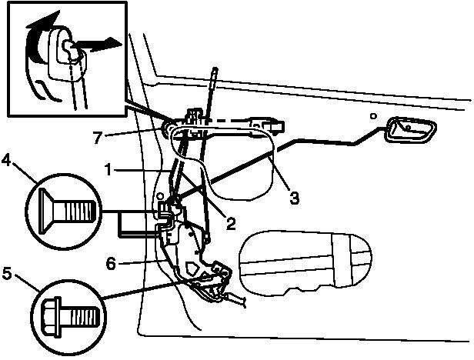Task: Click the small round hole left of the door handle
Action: pyautogui.click(x=372, y=116)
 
